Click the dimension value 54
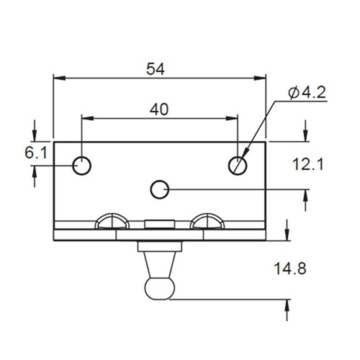point(156,69)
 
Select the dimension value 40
point(160,109)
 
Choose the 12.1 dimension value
point(307,165)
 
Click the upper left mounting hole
point(83,166)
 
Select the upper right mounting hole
point(238,166)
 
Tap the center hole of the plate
point(160,189)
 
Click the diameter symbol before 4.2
point(294,93)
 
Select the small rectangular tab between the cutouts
point(159,223)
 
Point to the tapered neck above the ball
point(160,264)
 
